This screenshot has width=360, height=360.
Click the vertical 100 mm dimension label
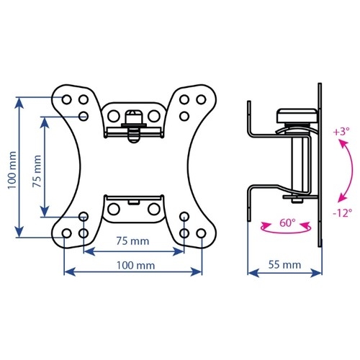[12, 170]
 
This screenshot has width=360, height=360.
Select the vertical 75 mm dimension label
[37, 171]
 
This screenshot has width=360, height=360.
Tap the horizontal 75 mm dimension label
[132, 241]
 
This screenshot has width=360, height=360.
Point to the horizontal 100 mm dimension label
[135, 266]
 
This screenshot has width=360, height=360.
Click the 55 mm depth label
[284, 265]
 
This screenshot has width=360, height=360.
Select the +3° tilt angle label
[341, 132]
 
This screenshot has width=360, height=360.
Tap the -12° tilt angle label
[343, 212]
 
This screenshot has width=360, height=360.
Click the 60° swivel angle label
[287, 222]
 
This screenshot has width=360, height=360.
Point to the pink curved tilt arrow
[348, 171]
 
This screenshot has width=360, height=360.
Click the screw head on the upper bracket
[134, 116]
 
